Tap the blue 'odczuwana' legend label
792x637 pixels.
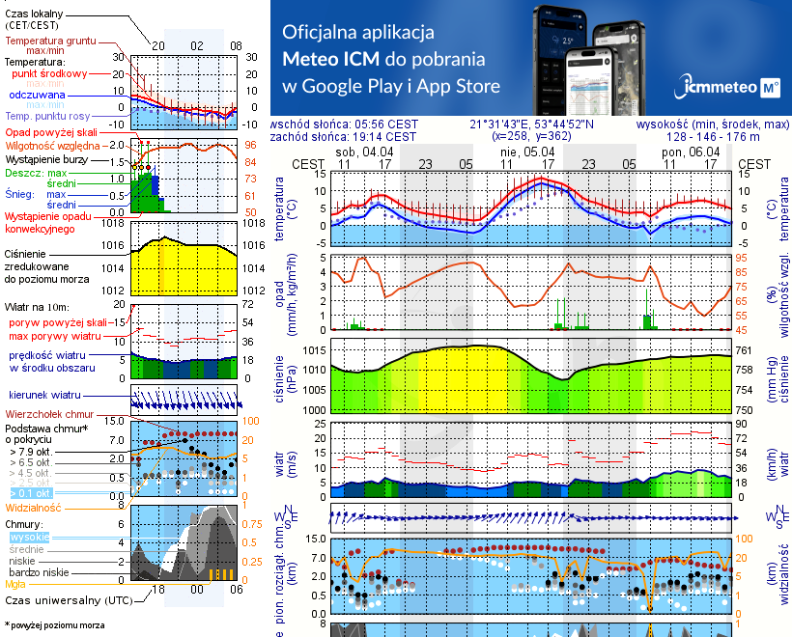37,95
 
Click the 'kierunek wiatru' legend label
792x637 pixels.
43,395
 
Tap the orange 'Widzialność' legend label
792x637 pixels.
34,506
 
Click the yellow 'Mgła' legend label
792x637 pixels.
15,584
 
